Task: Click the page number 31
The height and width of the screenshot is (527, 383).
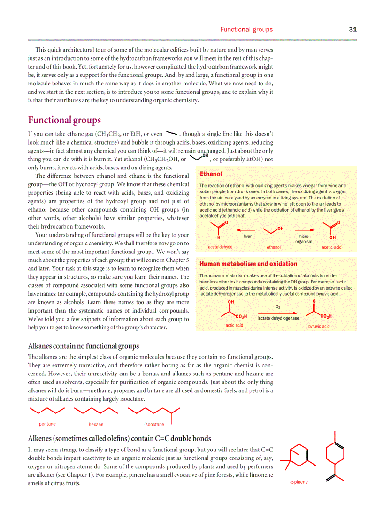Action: click(353, 29)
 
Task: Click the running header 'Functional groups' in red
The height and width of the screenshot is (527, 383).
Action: click(246, 30)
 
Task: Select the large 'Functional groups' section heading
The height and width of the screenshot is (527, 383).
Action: click(64, 120)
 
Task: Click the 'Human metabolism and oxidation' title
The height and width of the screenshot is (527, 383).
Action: click(248, 264)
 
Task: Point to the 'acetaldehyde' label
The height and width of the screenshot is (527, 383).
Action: click(220, 247)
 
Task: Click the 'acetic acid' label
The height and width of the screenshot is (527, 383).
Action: click(331, 247)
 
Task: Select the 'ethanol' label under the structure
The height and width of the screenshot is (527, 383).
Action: click(274, 247)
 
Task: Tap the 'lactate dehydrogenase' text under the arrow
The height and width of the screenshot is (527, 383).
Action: click(278, 318)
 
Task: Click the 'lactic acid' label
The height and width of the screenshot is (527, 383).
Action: click(234, 325)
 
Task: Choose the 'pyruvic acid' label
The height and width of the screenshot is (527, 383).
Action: click(319, 326)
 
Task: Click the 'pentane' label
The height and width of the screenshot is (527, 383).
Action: click(47, 424)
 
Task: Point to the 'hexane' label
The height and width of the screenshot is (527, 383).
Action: click(96, 424)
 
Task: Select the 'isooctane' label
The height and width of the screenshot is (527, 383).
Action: click(154, 424)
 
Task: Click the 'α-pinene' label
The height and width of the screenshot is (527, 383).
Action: click(299, 482)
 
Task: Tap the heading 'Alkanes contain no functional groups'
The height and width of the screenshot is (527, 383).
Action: click(84, 346)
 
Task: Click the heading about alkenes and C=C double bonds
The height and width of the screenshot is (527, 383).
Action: click(119, 438)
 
